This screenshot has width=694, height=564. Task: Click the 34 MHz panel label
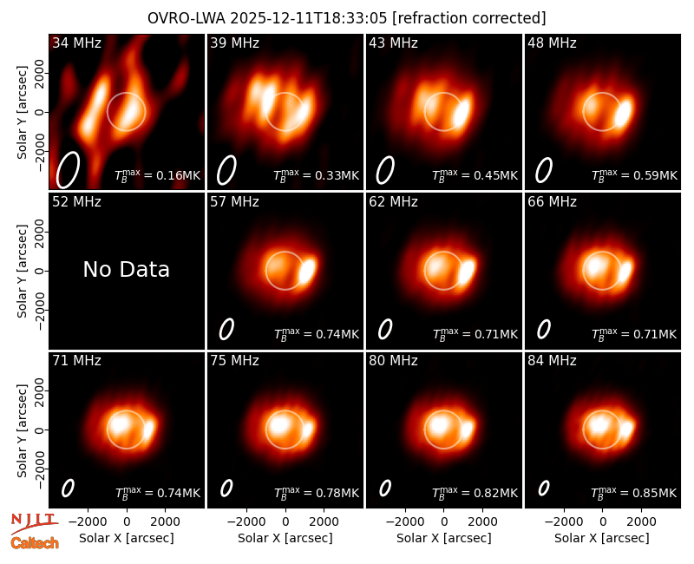pos(76,43)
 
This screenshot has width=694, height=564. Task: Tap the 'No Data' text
pos(126,269)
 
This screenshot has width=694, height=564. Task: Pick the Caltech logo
pos(35,543)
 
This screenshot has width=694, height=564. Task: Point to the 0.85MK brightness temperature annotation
pos(634,492)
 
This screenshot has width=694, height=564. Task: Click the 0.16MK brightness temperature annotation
pos(158,175)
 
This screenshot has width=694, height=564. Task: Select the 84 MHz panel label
pos(552,361)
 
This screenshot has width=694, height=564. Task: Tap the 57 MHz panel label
pos(234,202)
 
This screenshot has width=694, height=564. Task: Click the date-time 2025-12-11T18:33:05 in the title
pos(309,18)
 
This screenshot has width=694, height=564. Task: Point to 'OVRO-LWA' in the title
pos(187,18)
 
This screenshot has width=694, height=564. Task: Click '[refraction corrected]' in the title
pos(469,18)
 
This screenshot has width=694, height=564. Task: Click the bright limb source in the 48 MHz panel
pos(623,113)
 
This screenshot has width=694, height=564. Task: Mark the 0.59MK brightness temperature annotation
pos(634,175)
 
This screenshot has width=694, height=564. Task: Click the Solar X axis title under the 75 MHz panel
pos(285,538)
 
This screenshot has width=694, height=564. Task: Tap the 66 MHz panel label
pos(552,202)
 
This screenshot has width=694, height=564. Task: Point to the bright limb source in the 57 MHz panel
pos(307,271)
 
